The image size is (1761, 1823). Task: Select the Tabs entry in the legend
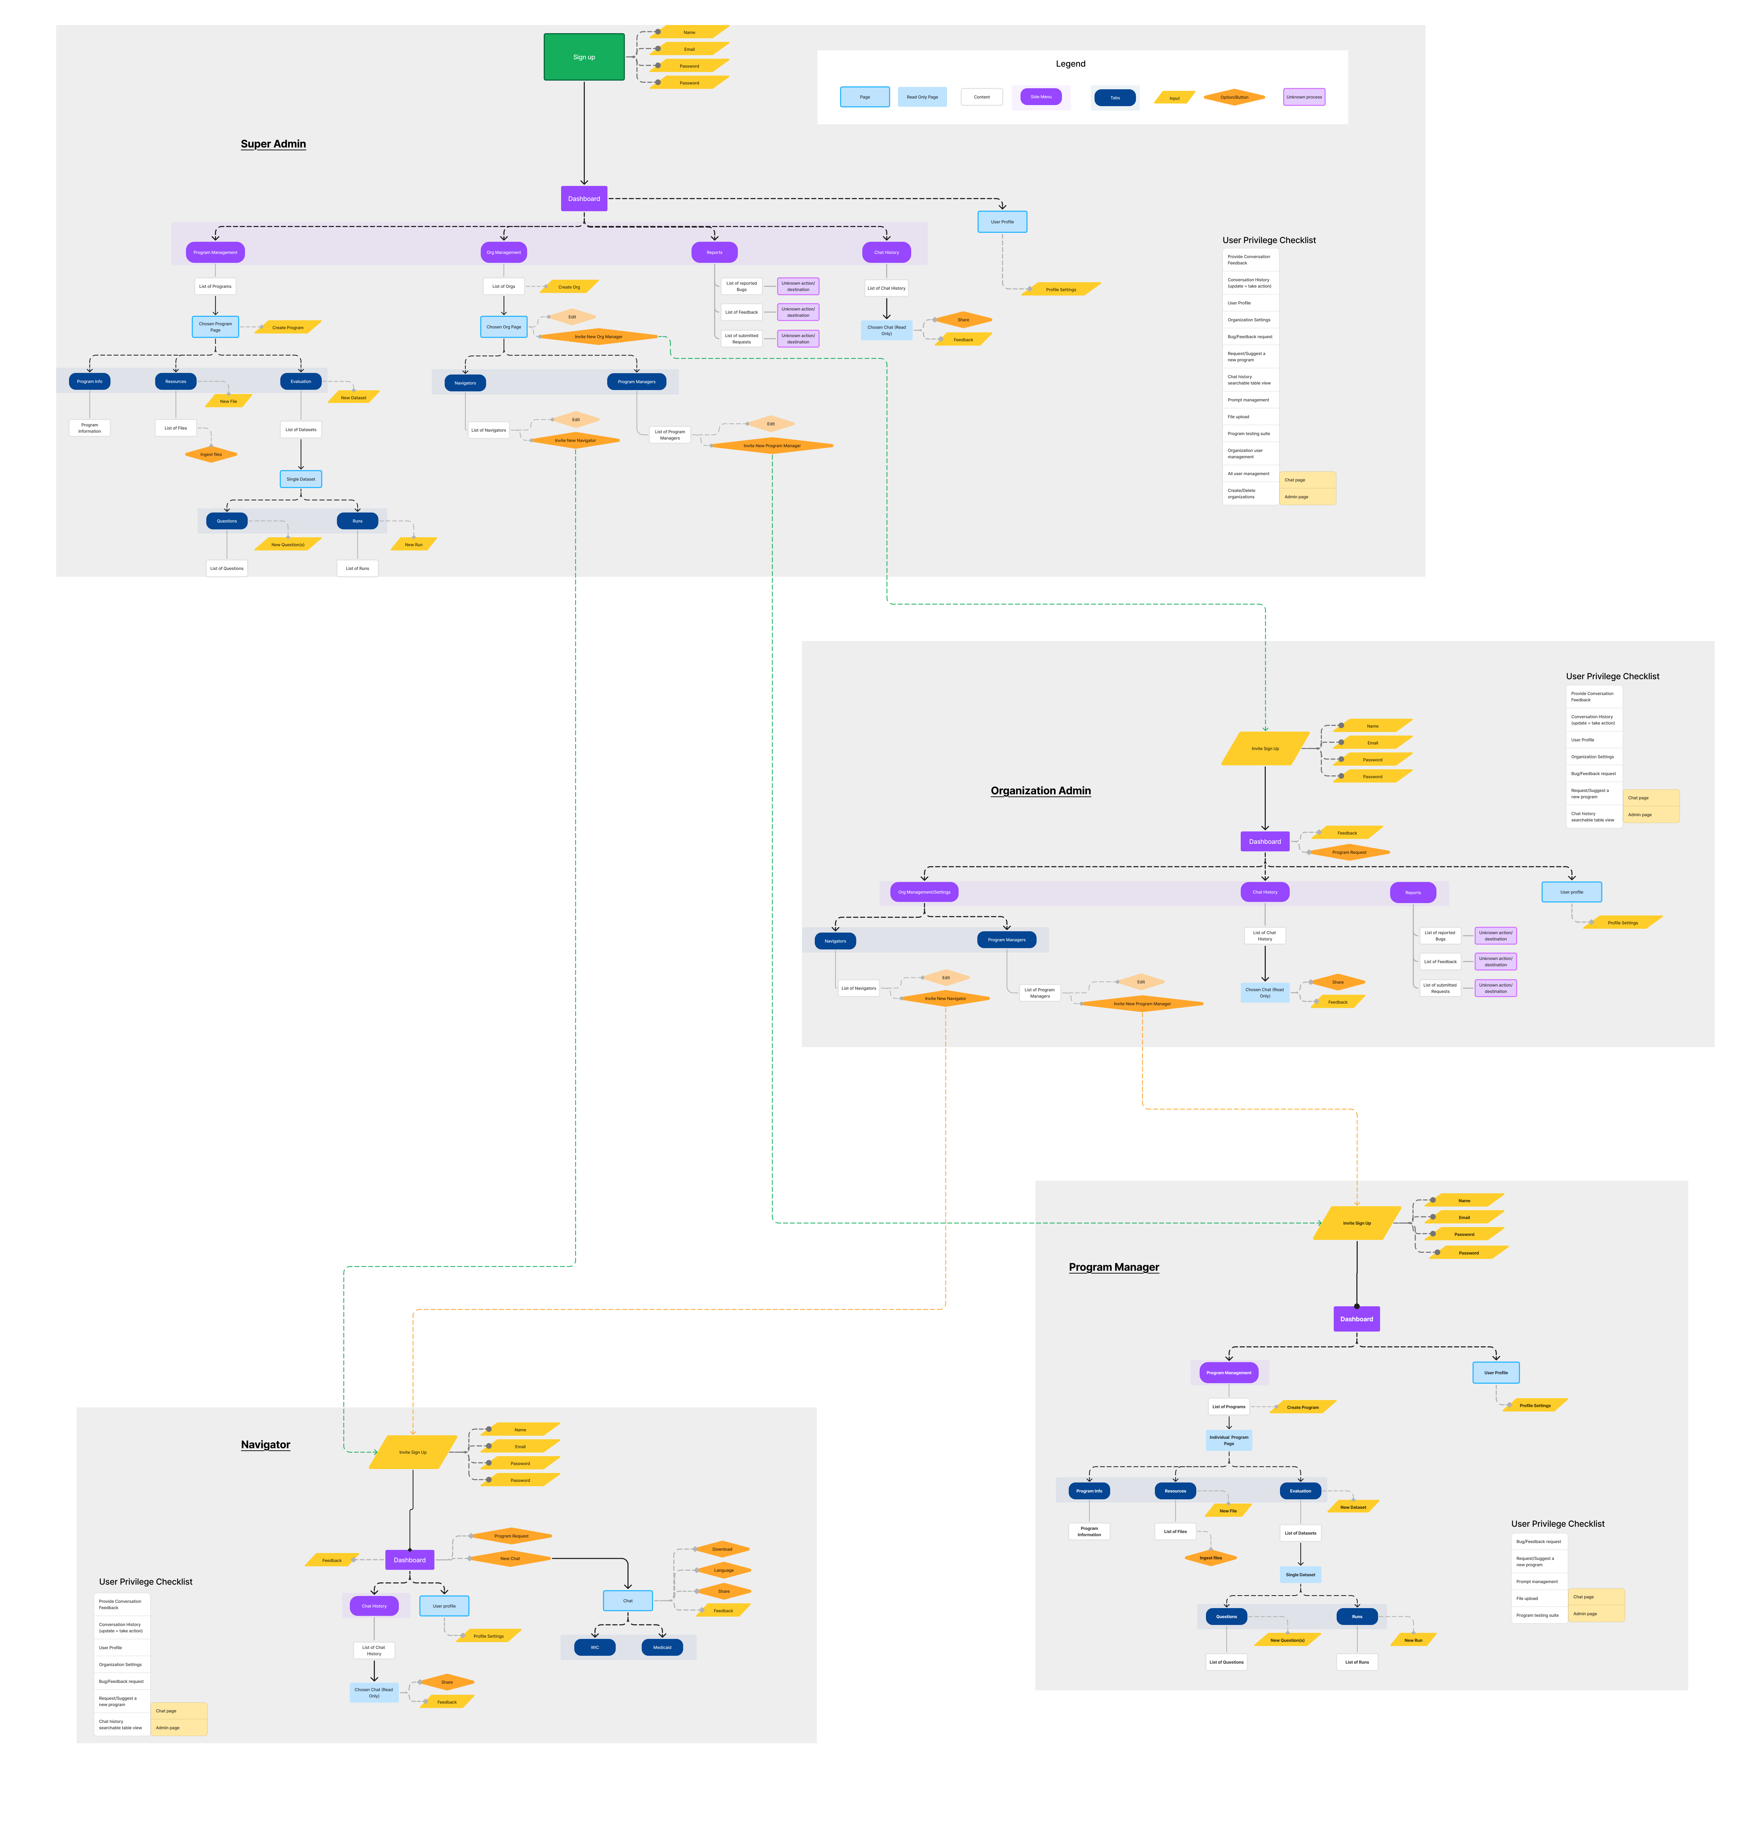(x=1115, y=98)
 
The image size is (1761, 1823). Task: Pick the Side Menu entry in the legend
(x=1040, y=97)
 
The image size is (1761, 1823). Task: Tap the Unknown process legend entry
(x=1303, y=97)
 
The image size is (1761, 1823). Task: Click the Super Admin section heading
(x=273, y=144)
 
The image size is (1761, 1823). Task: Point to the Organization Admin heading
(x=1040, y=791)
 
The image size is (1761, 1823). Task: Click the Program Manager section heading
(x=1113, y=1267)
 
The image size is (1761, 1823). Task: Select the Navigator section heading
(x=265, y=1445)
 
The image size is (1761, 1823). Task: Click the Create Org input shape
(x=569, y=287)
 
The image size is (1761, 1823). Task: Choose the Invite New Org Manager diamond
(x=598, y=337)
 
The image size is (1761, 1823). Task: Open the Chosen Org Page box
(x=503, y=327)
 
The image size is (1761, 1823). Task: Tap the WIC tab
(x=595, y=1647)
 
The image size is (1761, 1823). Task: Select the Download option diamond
(x=722, y=1549)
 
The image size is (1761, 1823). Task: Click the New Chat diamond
(x=510, y=1558)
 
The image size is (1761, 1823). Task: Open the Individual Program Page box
(x=1228, y=1440)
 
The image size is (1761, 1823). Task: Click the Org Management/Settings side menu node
(x=924, y=892)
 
